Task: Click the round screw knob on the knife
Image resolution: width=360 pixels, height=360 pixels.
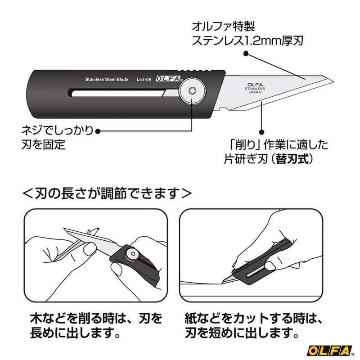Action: [192, 91]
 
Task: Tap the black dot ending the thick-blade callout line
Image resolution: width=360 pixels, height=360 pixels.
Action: [246, 53]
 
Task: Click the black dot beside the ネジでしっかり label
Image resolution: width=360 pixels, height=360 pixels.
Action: [99, 131]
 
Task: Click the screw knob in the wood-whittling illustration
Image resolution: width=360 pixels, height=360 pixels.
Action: [133, 255]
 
